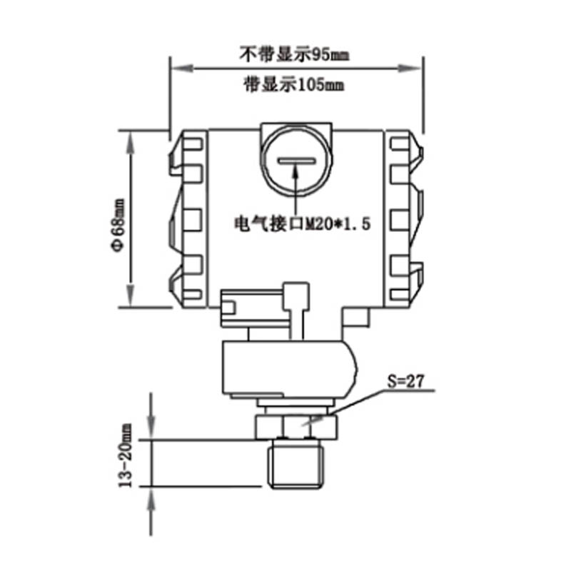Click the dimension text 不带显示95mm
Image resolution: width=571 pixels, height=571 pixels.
point(294,54)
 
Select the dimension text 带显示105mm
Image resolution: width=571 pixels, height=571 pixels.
point(294,85)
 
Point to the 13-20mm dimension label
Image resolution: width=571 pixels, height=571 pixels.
point(126,455)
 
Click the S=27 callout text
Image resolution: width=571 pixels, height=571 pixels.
point(405,381)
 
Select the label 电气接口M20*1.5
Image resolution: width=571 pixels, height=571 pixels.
point(302,223)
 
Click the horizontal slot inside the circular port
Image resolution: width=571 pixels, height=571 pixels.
point(295,160)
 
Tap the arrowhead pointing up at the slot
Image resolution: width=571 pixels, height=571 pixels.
point(295,171)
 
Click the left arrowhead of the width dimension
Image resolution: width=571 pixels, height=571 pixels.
point(182,68)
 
